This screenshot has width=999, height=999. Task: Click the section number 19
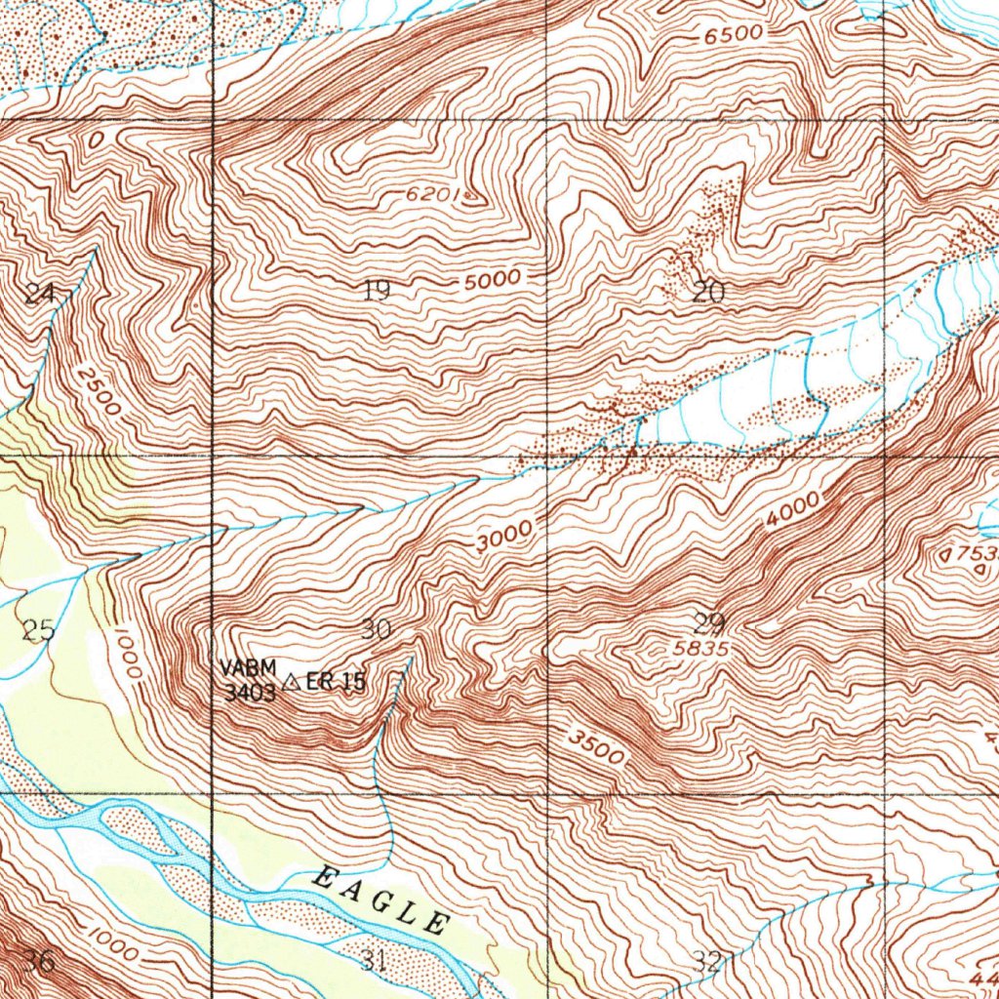click(377, 290)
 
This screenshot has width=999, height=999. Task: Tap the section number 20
click(708, 291)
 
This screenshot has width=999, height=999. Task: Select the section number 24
click(40, 293)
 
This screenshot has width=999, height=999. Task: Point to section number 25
click(38, 630)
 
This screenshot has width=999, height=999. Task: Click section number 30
click(377, 629)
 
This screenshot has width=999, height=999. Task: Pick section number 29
click(709, 623)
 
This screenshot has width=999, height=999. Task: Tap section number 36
click(39, 961)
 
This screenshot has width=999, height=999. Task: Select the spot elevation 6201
click(432, 194)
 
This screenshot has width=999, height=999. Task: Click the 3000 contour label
click(505, 537)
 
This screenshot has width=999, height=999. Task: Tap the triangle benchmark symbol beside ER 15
click(291, 685)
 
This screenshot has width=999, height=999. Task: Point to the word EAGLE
click(380, 899)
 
